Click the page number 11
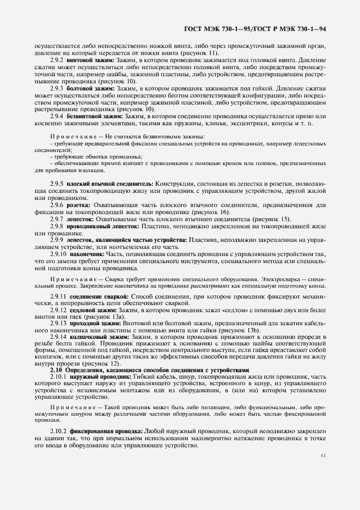click(324, 456)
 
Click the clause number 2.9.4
click(57, 116)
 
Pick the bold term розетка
click(81, 205)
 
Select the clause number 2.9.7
click(57, 218)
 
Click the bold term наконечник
click(86, 254)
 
